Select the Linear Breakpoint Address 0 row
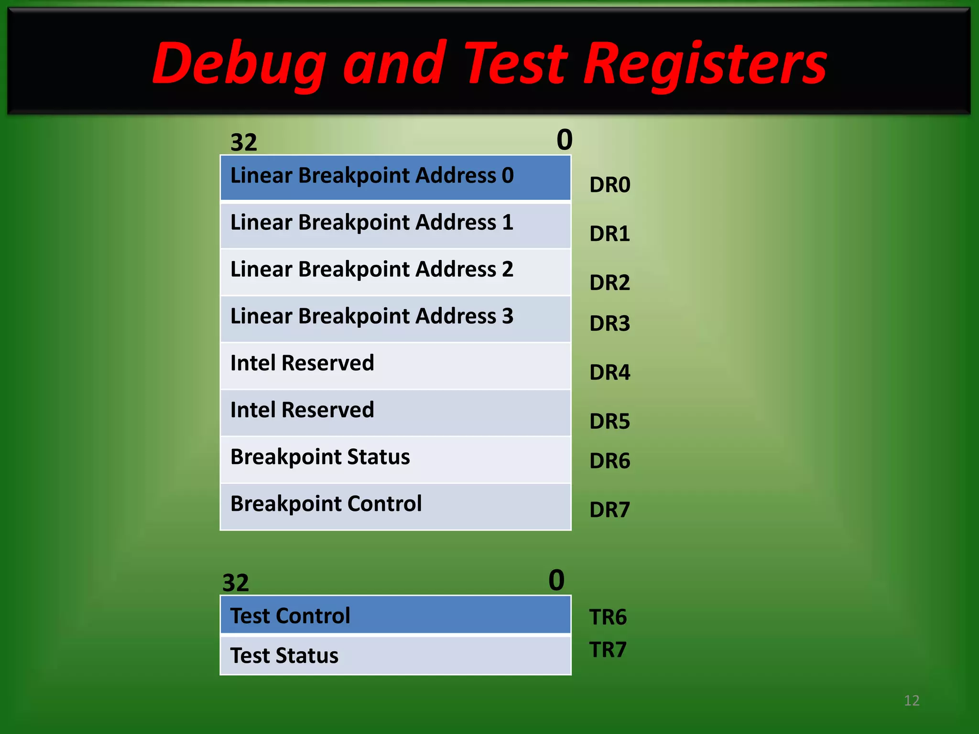[x=395, y=177]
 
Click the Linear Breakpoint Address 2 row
[x=395, y=271]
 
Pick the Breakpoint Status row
[x=395, y=458]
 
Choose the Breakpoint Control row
[x=395, y=506]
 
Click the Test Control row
[x=395, y=615]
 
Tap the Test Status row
[x=395, y=655]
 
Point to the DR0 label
[x=609, y=185]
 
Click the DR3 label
[x=609, y=324]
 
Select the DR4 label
[x=609, y=372]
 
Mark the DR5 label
[x=609, y=421]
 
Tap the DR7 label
[x=609, y=510]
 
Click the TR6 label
[x=608, y=617]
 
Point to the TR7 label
[x=608, y=650]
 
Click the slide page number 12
[x=912, y=701]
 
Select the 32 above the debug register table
[x=244, y=142]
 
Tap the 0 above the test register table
[x=556, y=580]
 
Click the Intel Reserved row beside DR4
[x=395, y=365]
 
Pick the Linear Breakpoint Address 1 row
[x=395, y=224]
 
